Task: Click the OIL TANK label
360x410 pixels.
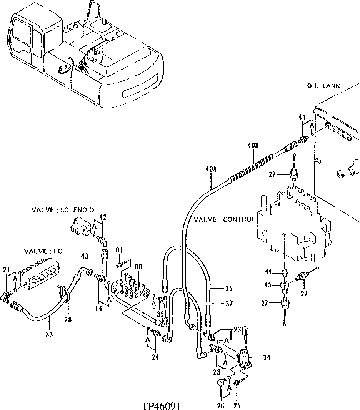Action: pos(323,86)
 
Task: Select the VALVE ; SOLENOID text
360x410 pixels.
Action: pos(62,210)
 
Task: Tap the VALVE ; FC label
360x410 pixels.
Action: pos(43,251)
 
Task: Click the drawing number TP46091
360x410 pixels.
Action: pos(161,406)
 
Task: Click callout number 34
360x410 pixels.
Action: pos(267,357)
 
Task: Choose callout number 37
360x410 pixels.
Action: pos(229,304)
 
